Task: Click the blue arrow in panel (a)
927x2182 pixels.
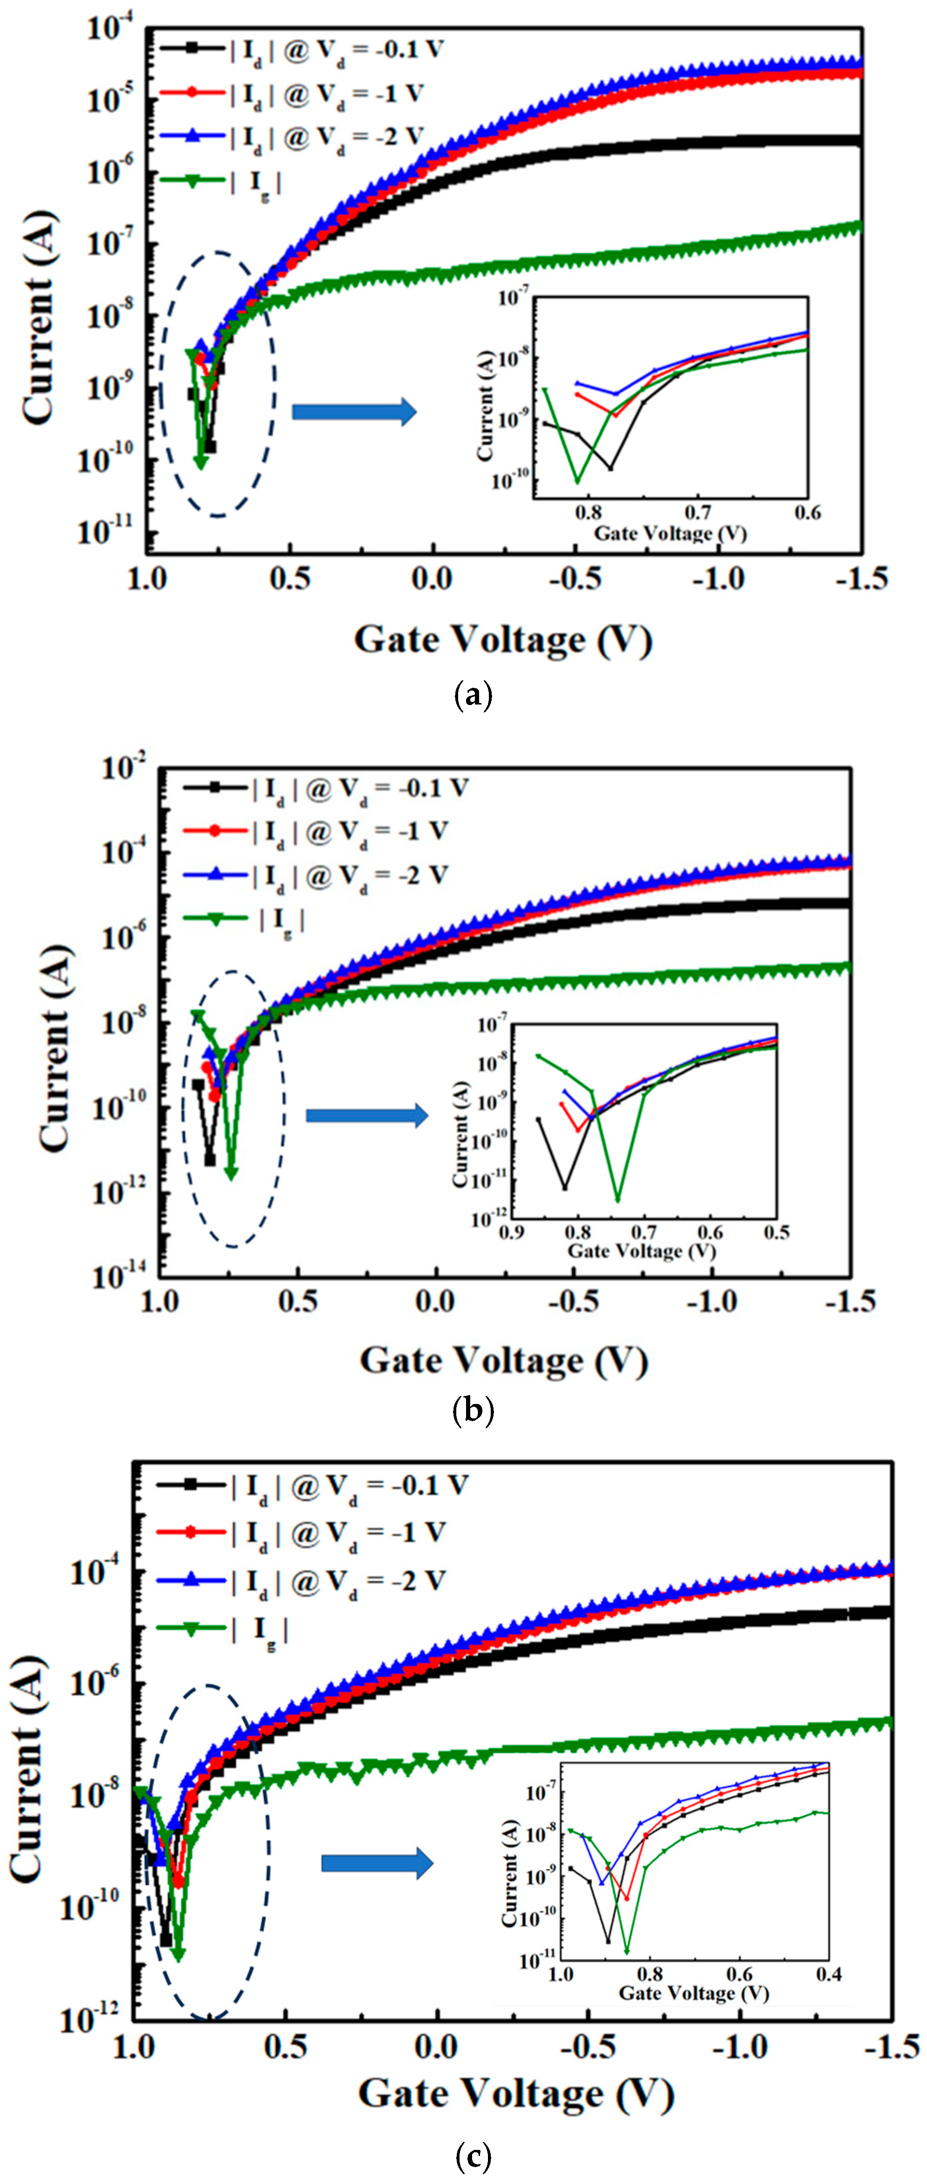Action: click(x=354, y=412)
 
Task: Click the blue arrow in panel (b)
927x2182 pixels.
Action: click(x=367, y=1115)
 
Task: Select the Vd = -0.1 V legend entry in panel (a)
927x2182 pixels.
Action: click(x=301, y=49)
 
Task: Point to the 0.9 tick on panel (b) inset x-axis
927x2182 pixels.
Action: click(x=511, y=1232)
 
